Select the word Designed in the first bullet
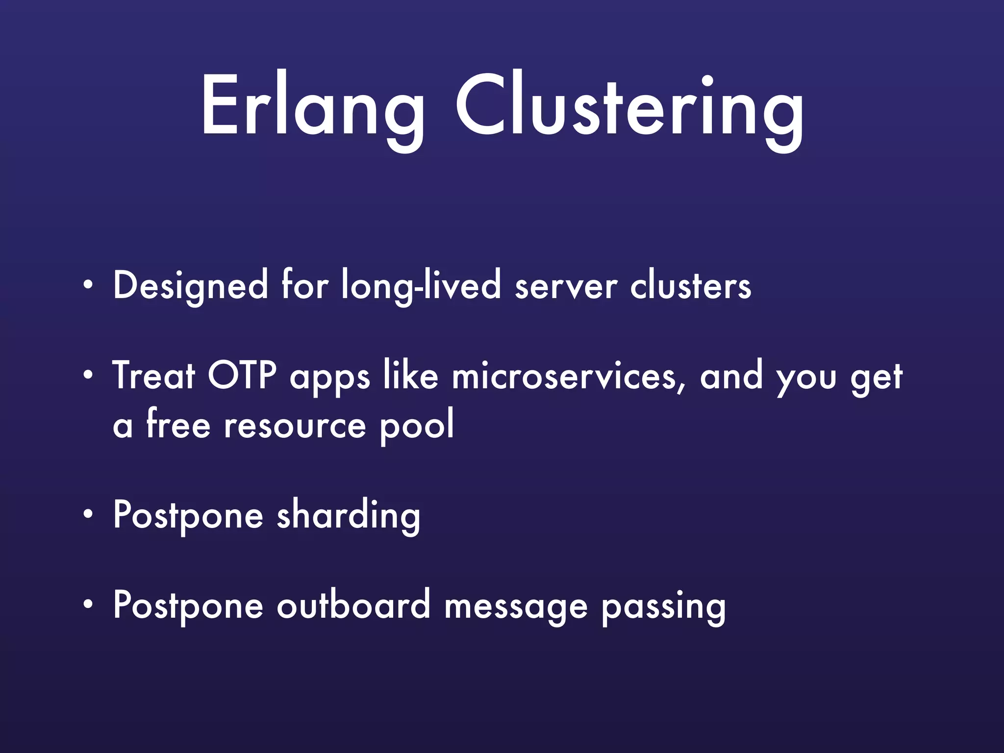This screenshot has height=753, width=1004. coord(190,286)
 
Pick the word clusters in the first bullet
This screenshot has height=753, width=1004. coord(690,286)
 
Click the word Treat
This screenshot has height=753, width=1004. coord(154,376)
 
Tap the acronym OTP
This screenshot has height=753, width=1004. coord(242,376)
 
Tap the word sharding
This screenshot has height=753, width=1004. coord(349,516)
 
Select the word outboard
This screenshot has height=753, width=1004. coord(353,605)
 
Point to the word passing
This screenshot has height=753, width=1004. coord(663,607)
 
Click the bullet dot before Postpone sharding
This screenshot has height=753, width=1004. coord(87,514)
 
